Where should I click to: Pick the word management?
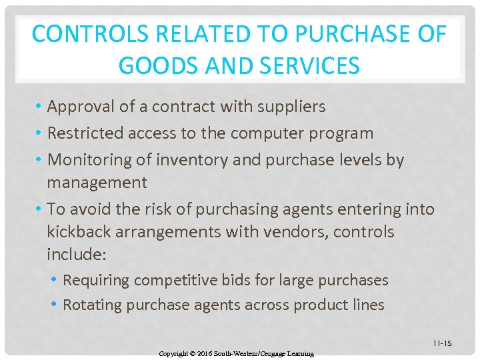97,183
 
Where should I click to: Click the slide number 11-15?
442,343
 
